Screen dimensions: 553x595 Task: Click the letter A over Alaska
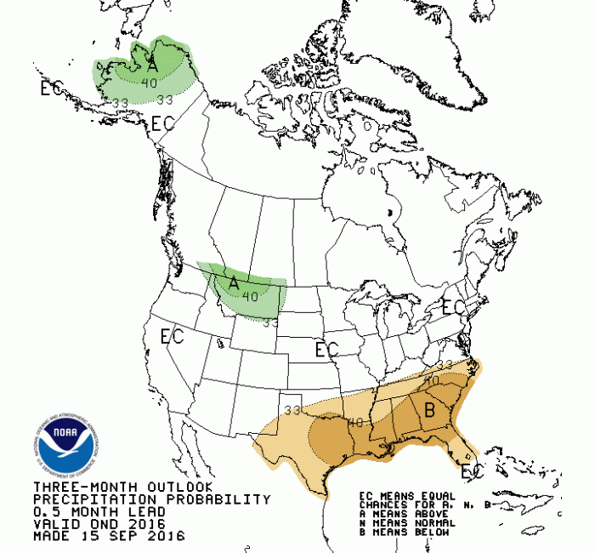(x=152, y=64)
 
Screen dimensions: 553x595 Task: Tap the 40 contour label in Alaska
(x=149, y=83)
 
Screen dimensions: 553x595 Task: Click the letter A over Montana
(x=234, y=282)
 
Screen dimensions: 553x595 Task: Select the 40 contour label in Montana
(x=250, y=296)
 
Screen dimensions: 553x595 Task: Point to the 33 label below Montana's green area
(x=271, y=322)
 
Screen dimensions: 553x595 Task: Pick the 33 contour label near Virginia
(x=445, y=365)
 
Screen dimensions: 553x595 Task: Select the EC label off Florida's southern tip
(x=471, y=470)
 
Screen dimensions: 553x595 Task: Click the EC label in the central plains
(x=326, y=350)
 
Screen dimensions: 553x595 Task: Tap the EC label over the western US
(x=173, y=336)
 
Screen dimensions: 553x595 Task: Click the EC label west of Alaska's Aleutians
(x=52, y=87)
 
